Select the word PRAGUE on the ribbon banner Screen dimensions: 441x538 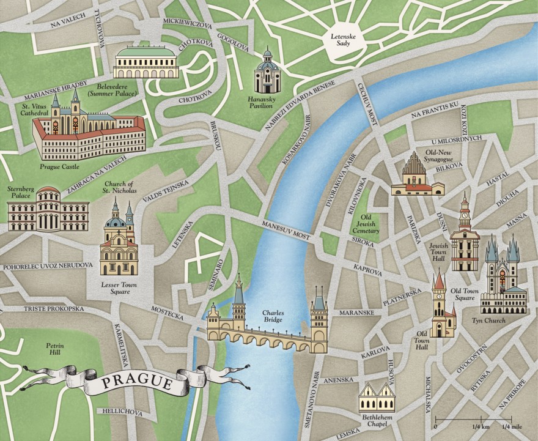click(x=136, y=383)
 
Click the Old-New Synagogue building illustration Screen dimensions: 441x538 click(x=418, y=176)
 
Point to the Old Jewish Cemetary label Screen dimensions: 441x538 click(x=370, y=224)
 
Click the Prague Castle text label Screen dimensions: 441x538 click(x=61, y=166)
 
